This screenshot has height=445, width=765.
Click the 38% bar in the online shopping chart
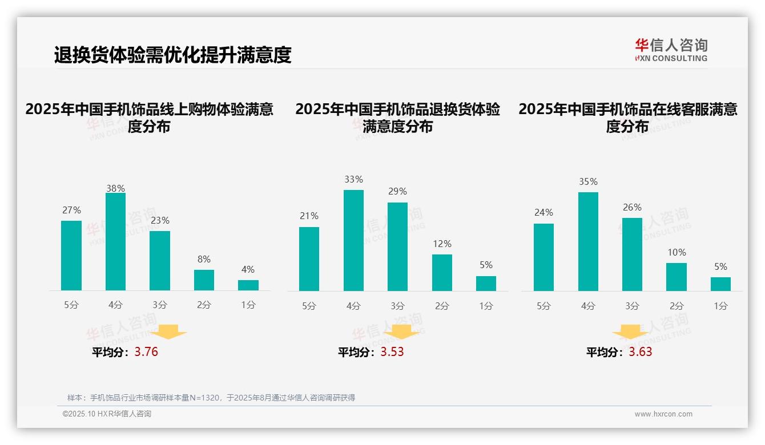point(115,242)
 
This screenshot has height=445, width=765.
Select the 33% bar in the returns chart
point(353,240)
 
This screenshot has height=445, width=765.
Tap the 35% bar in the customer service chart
point(588,241)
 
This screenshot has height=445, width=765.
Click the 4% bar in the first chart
point(248,285)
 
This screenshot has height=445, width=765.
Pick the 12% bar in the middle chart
point(442,272)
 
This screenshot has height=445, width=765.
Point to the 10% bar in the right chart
point(677,277)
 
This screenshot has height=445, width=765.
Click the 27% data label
point(71,210)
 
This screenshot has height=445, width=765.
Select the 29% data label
point(397,192)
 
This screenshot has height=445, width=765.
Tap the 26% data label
point(632,207)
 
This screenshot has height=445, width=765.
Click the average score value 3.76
point(146,352)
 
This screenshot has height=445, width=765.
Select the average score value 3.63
point(641,352)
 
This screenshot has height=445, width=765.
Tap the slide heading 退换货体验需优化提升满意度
point(172,55)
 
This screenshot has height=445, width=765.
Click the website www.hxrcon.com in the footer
point(663,414)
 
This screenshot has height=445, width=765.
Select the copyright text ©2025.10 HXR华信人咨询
point(107,414)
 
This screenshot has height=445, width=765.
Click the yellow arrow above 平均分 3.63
point(630,333)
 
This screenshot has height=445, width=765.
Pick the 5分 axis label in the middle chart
point(309,306)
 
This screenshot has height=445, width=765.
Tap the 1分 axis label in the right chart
point(720,306)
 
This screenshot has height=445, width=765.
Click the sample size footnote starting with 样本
point(211,398)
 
